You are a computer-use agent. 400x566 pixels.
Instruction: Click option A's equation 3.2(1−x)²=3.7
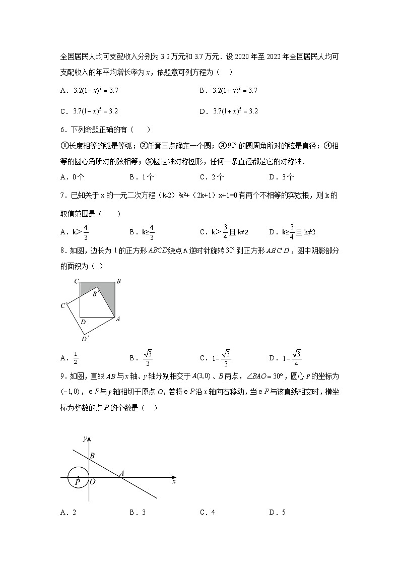click(96, 91)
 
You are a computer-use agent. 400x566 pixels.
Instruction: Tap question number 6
click(62, 130)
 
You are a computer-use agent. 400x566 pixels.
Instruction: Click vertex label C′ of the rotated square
click(63, 305)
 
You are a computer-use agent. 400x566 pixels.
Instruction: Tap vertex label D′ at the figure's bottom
click(85, 339)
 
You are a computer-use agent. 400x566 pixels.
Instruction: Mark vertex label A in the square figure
click(118, 319)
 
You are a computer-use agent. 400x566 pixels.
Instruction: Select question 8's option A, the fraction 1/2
click(76, 358)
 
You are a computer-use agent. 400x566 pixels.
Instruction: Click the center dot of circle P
click(78, 477)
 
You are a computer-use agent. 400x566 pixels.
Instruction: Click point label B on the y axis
click(92, 456)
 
